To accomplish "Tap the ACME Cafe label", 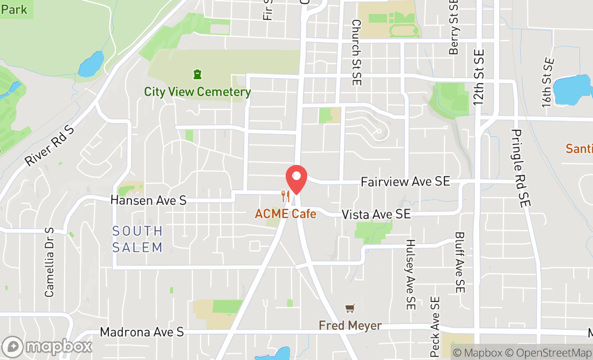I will coord(286,214).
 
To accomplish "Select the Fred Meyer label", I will coord(350,326).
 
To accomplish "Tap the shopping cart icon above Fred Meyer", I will coord(350,308).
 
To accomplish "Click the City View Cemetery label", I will coord(197,92).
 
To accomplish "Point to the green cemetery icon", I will coord(197,74).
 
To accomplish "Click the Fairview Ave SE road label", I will coord(405,182).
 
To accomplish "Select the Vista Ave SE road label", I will coord(376,214).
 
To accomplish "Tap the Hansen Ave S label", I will coord(148,200).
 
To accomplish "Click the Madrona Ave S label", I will coord(142,333).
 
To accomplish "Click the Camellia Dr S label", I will coord(50,262).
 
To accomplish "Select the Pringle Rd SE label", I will coord(521,168).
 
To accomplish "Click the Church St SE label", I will coord(356,53).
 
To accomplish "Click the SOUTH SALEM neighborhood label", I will coord(137,239).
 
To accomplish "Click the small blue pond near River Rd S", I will coord(91,64).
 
